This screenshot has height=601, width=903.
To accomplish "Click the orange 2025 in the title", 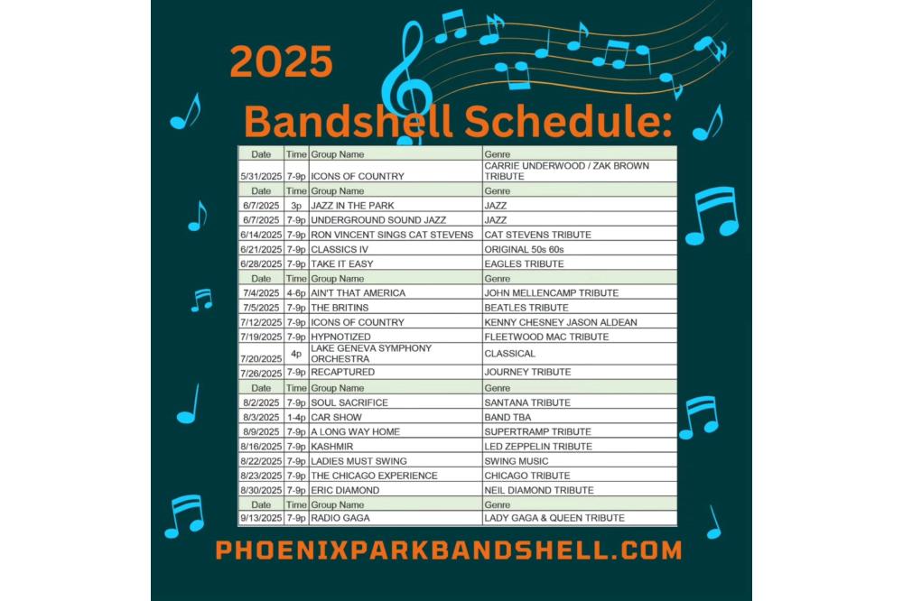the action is (x=281, y=61).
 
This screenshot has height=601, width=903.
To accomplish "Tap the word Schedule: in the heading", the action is (x=568, y=122).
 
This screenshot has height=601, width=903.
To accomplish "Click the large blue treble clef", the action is (x=406, y=80).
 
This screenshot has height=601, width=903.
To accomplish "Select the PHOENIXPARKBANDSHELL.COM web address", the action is (x=449, y=550).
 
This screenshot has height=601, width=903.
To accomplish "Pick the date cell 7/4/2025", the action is (x=261, y=293).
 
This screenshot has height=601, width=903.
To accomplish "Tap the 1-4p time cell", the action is (x=296, y=417).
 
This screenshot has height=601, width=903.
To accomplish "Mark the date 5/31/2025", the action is (x=261, y=176).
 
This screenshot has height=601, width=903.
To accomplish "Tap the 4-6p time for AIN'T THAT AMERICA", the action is (x=296, y=293).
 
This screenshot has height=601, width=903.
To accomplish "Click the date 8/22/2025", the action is (x=261, y=461).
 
